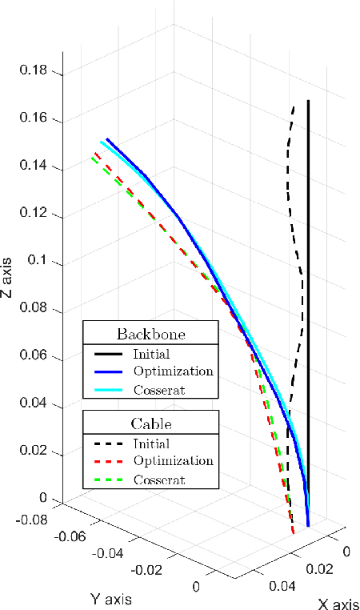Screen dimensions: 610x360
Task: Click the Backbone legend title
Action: (150, 333)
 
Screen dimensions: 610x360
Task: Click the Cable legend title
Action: (150, 423)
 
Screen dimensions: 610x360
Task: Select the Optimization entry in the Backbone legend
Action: (174, 371)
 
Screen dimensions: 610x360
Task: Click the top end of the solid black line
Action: (308, 101)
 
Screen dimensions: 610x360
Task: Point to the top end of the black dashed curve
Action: (294, 106)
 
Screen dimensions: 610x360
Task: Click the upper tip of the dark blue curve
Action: (106, 138)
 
